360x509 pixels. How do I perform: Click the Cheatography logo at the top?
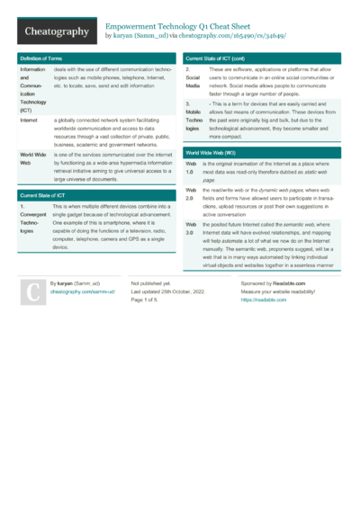tap(56, 31)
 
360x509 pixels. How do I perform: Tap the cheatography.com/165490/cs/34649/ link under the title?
tap(233, 37)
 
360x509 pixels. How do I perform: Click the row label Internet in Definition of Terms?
tap(29, 120)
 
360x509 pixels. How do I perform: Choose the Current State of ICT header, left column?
tap(42, 195)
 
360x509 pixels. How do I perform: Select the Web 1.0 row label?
tap(191, 168)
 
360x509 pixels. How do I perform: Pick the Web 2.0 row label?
tap(191, 196)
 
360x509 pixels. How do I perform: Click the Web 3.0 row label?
tap(191, 228)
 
